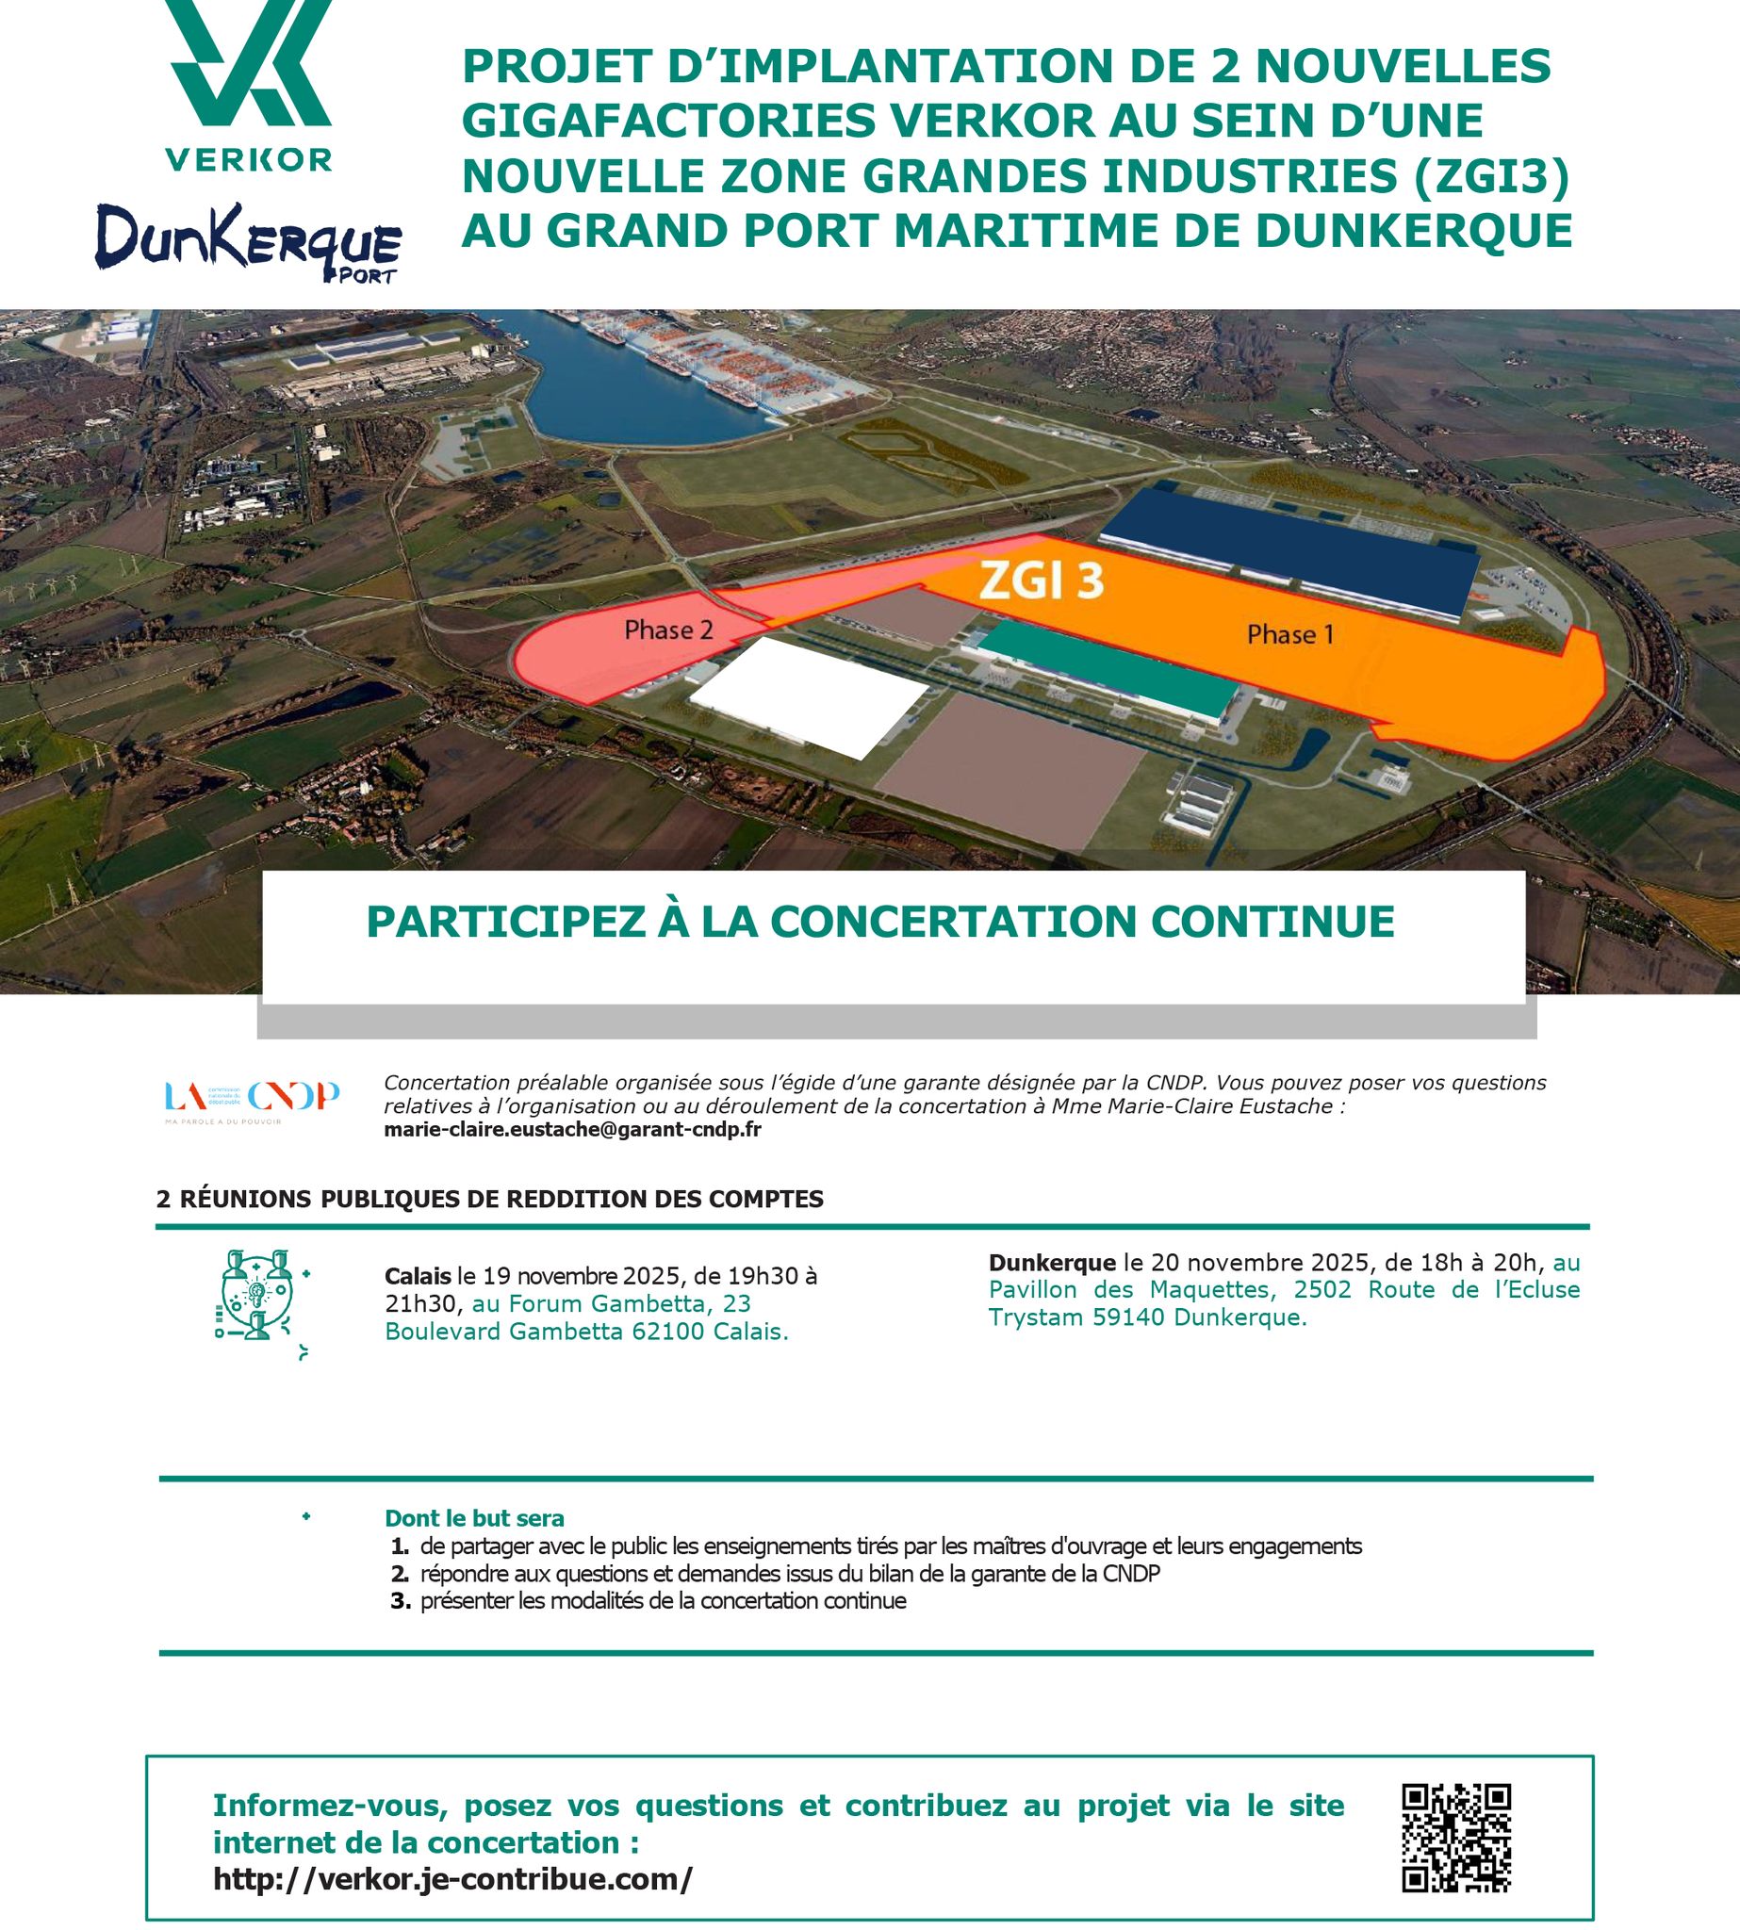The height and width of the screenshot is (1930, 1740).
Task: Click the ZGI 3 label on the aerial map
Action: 1041,582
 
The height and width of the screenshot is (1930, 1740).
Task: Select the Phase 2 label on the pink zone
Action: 668,630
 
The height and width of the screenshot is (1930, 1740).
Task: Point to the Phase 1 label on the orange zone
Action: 1289,635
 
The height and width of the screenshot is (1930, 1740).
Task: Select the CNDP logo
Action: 253,1099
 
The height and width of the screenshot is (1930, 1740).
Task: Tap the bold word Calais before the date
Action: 417,1276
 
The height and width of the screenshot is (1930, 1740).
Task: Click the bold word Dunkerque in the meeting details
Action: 1052,1262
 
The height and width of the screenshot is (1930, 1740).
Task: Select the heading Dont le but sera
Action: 474,1518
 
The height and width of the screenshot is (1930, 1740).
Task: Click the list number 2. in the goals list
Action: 400,1574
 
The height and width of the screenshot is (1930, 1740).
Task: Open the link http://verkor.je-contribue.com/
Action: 452,1879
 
